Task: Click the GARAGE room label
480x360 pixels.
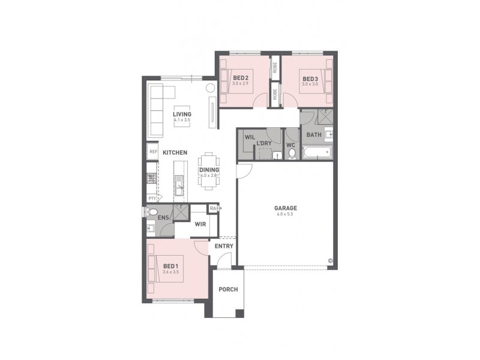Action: [286, 208]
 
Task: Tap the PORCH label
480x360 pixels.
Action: [228, 289]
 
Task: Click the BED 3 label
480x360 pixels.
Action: [310, 79]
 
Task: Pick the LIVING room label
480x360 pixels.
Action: [181, 114]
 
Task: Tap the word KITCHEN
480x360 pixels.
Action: [175, 153]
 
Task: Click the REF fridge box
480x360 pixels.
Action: [152, 152]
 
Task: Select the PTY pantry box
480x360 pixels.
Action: [152, 198]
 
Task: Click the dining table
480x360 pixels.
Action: [209, 170]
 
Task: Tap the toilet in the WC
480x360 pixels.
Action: [292, 154]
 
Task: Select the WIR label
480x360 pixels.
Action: [200, 224]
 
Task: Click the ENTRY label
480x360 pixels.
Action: [224, 246]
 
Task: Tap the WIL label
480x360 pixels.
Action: [249, 137]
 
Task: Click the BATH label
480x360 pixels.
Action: [314, 135]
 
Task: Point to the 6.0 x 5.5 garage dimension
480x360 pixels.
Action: [286, 214]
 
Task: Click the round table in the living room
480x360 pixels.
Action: [211, 88]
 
